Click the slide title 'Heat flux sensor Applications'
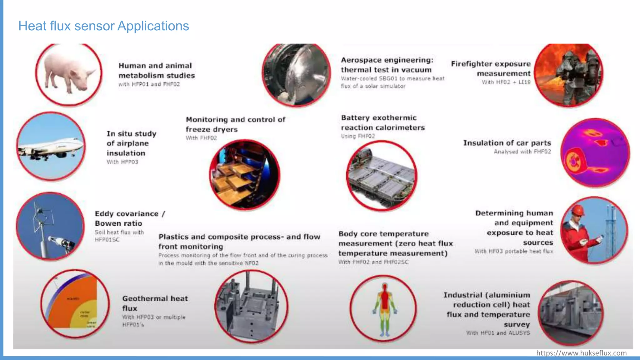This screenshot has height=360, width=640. click(x=103, y=26)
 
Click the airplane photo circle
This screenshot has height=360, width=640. click(x=51, y=146)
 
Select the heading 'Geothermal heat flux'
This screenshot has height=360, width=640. click(x=155, y=303)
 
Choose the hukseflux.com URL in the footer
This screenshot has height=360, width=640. click(x=581, y=353)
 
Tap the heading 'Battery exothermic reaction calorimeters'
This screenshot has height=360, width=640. click(x=382, y=122)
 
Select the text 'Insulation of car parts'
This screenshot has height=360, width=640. click(x=507, y=143)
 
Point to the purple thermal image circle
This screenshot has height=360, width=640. click(x=595, y=153)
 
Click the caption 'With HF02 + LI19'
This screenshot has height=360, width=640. click(x=506, y=82)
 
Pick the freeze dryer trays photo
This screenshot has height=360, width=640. click(x=244, y=175)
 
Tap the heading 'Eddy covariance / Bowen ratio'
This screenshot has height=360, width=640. click(x=130, y=218)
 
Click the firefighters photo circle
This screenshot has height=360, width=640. click(x=569, y=74)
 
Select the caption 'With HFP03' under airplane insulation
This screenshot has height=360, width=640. click(x=122, y=162)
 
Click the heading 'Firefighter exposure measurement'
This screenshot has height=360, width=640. click(x=491, y=68)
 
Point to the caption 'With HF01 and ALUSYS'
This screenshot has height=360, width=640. click(x=498, y=333)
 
